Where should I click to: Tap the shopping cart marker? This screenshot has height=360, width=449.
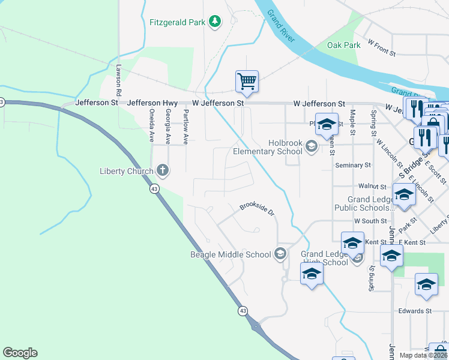point(247,81)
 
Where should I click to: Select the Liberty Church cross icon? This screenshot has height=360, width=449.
point(162,171)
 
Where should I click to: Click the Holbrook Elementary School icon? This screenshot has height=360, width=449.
point(311,146)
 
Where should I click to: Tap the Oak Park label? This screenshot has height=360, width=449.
point(343,45)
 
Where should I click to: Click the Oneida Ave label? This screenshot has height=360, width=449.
point(151,125)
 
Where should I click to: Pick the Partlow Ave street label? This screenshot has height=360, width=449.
point(185,127)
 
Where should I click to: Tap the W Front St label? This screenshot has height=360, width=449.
point(382,49)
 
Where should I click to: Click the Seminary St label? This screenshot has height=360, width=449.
point(354,165)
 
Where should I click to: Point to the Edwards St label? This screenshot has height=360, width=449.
point(415,311)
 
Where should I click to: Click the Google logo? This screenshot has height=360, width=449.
point(20,353)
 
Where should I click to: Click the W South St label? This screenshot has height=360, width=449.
point(370,221)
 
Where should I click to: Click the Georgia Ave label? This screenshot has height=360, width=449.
point(168,127)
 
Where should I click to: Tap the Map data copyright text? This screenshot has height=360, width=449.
point(424,355)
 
